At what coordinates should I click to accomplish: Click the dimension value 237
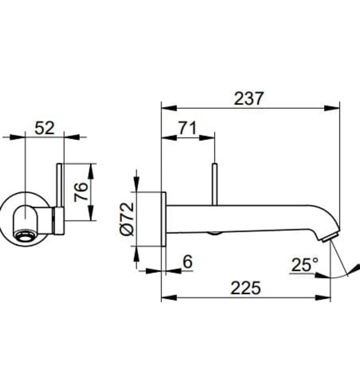pos(248,99)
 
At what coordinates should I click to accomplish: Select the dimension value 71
pos(188,128)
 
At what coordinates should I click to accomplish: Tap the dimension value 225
pos(246,288)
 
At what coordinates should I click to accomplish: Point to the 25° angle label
pos(304,264)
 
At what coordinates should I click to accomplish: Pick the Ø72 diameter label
pos(127,219)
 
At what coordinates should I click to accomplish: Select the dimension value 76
pos(81,192)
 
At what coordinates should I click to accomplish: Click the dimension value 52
pos(45,128)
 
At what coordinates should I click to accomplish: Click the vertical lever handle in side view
pos(214,184)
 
